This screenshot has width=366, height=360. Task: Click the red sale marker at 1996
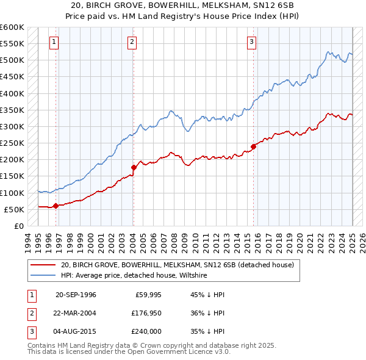56,206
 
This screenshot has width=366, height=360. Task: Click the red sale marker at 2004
134,167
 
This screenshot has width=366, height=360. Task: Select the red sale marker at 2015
253,146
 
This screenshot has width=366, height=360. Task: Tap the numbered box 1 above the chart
54,42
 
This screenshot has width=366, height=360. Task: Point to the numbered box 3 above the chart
251,42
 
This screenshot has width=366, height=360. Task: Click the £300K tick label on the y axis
12,126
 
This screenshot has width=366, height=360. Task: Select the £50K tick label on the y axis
14,209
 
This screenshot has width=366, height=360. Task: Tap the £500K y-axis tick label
12,60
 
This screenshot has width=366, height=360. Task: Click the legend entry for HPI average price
134,275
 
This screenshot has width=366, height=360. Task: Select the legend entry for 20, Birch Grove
178,265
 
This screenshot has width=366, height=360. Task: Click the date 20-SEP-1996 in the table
76,295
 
